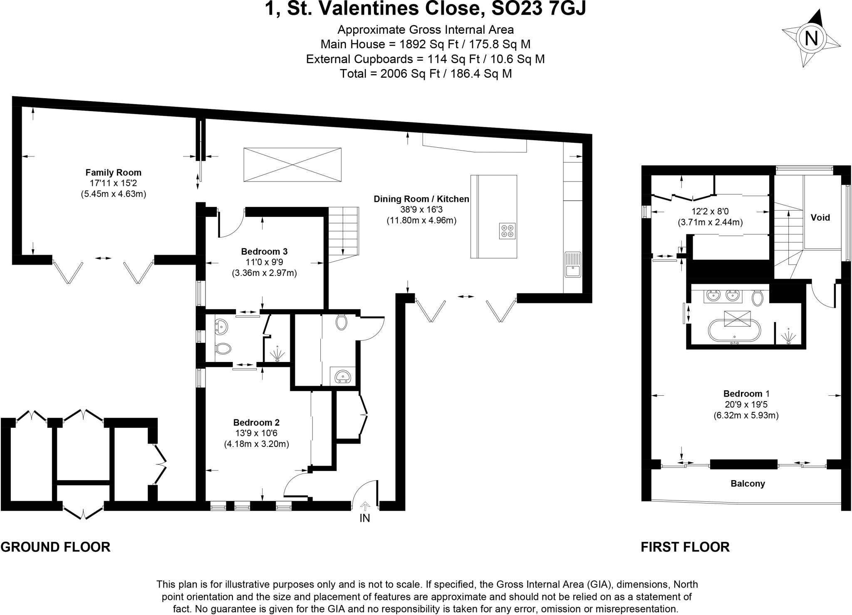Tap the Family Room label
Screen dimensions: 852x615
coord(113,172)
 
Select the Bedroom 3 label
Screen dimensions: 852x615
coord(264,251)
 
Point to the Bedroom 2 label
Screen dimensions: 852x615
coord(256,422)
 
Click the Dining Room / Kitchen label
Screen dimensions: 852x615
coord(421,199)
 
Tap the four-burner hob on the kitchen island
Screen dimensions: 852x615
coord(508,231)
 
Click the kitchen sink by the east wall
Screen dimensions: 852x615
coord(573,264)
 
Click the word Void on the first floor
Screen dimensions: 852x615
coord(820,217)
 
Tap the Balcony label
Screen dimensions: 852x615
coord(748,484)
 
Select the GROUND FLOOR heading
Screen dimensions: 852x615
coord(55,546)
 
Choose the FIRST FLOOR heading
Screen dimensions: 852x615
coord(685,546)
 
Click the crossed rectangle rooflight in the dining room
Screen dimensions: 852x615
coord(292,165)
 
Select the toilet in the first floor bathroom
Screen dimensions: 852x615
coord(757,298)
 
